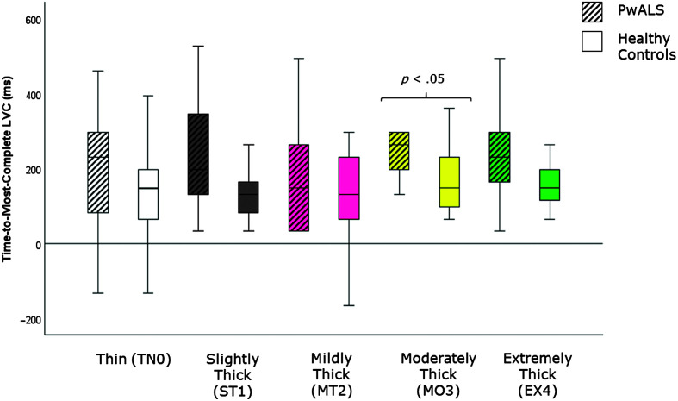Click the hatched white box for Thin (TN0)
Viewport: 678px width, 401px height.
(x=97, y=172)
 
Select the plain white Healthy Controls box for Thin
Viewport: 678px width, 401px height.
(x=148, y=194)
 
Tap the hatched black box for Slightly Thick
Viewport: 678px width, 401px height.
(x=198, y=154)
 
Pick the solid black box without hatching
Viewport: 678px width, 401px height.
(x=248, y=197)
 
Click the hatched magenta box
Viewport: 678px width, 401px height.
(x=298, y=188)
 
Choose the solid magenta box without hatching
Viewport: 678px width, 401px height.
(x=349, y=188)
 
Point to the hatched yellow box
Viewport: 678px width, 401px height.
(x=399, y=151)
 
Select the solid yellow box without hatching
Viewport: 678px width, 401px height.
(x=449, y=182)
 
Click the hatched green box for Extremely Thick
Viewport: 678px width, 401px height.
(x=500, y=157)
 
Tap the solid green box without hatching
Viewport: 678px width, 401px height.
(x=550, y=185)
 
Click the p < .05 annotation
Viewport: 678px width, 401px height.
(x=422, y=79)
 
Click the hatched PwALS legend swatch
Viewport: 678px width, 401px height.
(x=592, y=12)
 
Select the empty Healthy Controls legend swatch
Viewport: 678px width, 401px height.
(x=592, y=41)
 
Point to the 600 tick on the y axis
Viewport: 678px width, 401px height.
(x=28, y=21)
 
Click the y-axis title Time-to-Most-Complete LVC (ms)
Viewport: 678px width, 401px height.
(x=8, y=169)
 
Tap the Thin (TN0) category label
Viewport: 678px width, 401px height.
(x=134, y=360)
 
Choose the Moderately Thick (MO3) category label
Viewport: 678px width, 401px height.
(x=439, y=375)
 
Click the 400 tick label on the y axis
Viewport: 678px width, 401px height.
(x=28, y=95)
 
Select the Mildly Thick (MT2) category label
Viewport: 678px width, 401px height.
(x=332, y=375)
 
